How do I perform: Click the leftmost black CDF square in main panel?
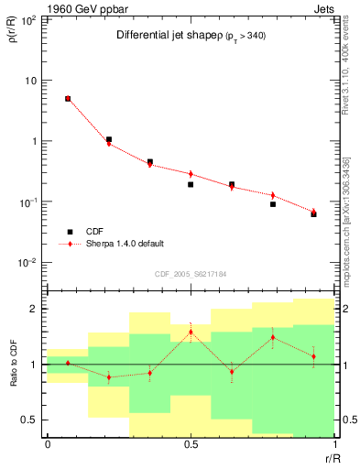point(68,99)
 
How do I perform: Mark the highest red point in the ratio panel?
point(191,332)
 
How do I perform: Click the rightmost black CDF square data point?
point(313,213)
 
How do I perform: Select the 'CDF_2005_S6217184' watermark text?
point(190,273)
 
